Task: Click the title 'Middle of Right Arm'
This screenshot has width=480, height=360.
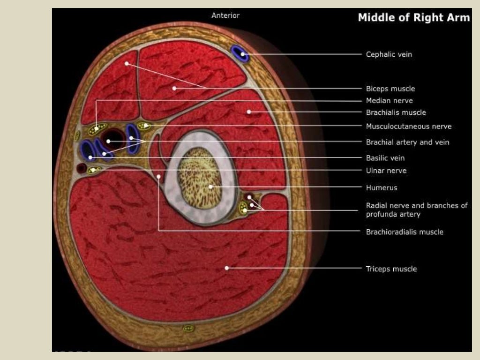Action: click(x=413, y=18)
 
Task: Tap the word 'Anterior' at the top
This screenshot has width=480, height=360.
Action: click(x=225, y=15)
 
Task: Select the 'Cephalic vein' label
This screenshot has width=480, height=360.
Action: click(x=389, y=54)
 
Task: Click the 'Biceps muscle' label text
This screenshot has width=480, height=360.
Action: click(x=390, y=89)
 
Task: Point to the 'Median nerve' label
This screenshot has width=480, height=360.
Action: click(x=389, y=100)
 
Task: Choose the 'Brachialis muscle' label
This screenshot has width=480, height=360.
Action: click(x=396, y=112)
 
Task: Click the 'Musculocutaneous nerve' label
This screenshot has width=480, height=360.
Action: click(x=408, y=126)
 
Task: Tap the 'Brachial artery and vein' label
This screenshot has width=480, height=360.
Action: click(x=407, y=142)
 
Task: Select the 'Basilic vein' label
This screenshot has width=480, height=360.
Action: click(x=385, y=158)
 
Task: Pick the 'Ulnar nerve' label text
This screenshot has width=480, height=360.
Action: click(x=386, y=171)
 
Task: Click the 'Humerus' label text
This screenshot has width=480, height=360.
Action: click(x=381, y=187)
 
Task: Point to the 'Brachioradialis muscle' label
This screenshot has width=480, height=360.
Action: click(x=404, y=232)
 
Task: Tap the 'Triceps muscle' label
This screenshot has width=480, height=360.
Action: click(x=391, y=269)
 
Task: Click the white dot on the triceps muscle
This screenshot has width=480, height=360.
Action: click(x=226, y=268)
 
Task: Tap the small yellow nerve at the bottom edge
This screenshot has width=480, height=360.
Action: click(x=188, y=328)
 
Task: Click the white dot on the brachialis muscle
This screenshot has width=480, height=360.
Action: click(x=249, y=112)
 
